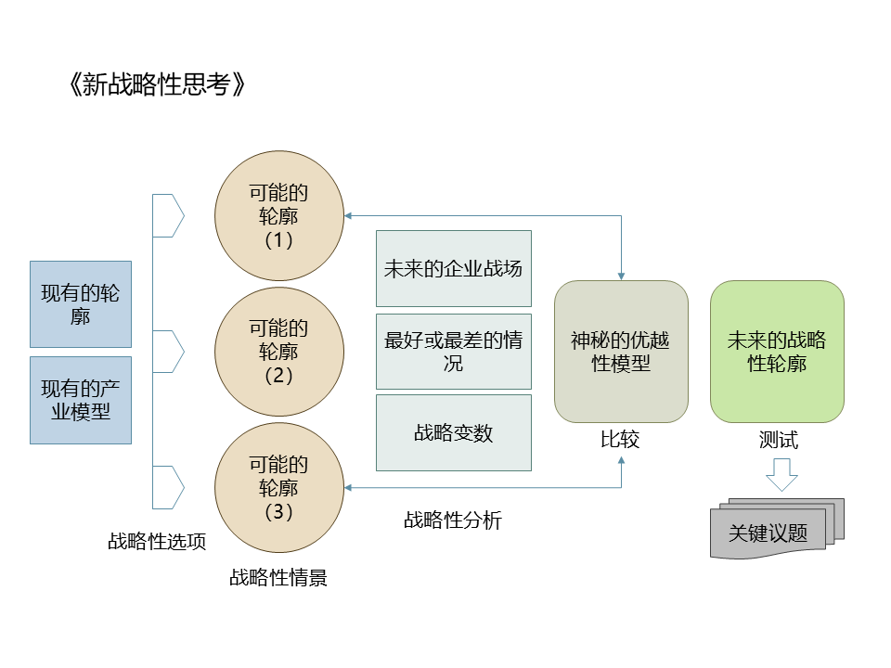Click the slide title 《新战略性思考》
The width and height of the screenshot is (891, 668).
click(158, 85)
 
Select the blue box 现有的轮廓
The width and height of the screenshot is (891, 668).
click(81, 304)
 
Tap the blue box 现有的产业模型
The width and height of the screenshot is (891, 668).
click(81, 400)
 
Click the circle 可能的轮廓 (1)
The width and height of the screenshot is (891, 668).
click(279, 216)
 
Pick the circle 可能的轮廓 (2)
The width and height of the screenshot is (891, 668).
click(279, 352)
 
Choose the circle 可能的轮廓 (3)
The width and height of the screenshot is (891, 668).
click(279, 487)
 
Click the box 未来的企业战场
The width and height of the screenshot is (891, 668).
click(453, 268)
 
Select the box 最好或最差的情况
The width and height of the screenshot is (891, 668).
click(453, 351)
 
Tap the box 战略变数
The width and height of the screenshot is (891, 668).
click(453, 432)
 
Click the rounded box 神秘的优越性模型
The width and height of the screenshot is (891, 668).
click(621, 352)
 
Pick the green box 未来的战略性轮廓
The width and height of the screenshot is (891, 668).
click(777, 352)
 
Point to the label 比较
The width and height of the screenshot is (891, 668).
click(620, 439)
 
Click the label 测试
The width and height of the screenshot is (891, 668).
click(778, 439)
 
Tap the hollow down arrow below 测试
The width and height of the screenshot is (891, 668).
click(781, 476)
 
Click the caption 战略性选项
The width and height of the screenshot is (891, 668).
click(157, 542)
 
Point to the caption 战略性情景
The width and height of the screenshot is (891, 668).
click(278, 578)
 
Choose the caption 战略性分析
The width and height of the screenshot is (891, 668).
click(452, 520)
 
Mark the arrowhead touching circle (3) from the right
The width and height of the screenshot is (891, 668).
click(348, 487)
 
